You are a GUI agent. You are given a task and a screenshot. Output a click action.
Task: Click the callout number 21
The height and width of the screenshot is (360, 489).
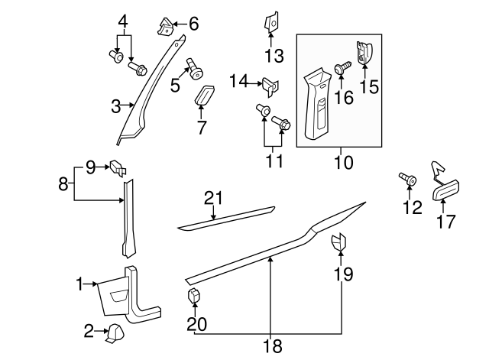[x=213, y=199]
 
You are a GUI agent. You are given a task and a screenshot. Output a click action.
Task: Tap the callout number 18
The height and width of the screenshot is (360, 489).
[x=271, y=347]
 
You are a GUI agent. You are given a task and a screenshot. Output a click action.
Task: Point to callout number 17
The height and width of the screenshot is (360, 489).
[x=445, y=222]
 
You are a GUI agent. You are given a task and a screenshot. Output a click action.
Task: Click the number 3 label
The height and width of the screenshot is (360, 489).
[x=115, y=107]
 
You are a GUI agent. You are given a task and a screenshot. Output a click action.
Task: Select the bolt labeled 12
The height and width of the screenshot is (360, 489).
[x=407, y=180]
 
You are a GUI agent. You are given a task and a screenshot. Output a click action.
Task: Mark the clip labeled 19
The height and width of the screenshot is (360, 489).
[x=338, y=244]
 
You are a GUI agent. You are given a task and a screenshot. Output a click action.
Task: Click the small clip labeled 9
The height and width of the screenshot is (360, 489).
[x=117, y=166]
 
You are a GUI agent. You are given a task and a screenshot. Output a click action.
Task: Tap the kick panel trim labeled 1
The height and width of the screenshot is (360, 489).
[x=130, y=294]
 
